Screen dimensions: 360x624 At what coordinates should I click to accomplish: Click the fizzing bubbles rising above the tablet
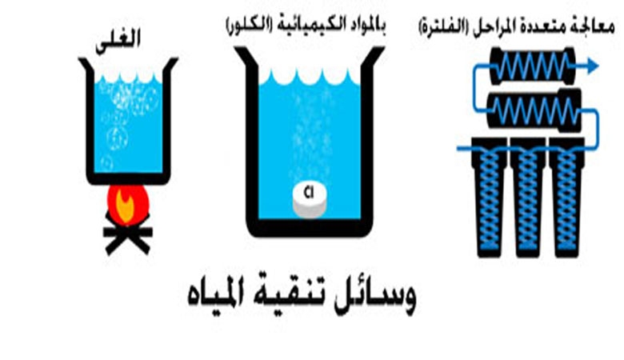pyautogui.click(x=308, y=136)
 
